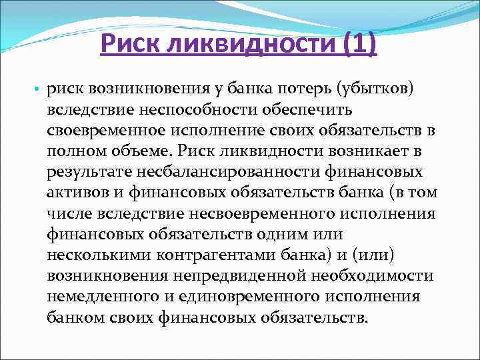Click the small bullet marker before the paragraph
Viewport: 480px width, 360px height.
36,90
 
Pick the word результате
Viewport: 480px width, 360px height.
89,173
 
